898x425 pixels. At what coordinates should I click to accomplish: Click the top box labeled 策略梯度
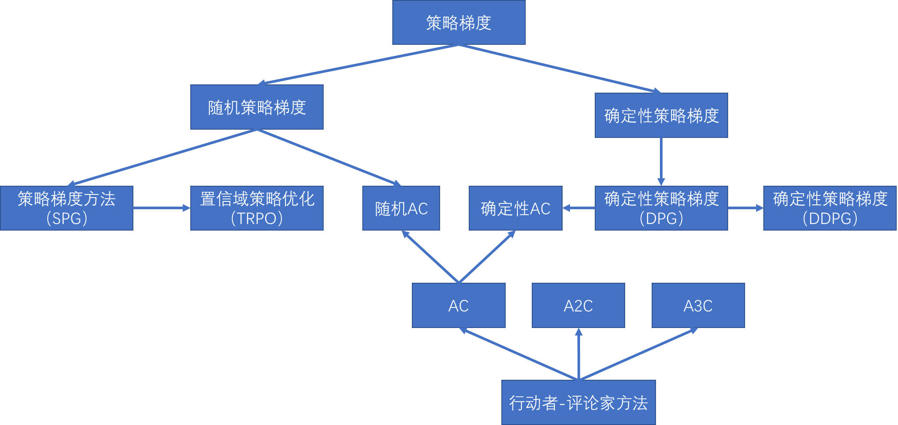(x=459, y=23)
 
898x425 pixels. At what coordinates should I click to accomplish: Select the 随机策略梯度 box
(x=257, y=107)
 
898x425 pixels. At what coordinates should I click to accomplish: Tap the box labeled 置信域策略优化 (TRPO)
(x=257, y=208)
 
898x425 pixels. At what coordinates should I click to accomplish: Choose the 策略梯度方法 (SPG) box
(x=66, y=208)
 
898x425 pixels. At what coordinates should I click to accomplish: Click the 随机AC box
(x=401, y=208)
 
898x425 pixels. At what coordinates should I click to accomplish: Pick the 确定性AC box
(x=515, y=208)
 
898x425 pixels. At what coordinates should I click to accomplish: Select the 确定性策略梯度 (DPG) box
(x=661, y=208)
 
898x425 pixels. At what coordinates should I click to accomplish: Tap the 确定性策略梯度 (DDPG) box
(x=830, y=208)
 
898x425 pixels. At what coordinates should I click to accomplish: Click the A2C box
(x=578, y=305)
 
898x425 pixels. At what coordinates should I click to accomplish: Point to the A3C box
(x=698, y=305)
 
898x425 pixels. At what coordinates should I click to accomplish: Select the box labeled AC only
(x=458, y=305)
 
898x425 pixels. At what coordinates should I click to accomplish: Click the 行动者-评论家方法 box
(x=578, y=402)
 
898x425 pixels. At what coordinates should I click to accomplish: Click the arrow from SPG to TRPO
(x=162, y=208)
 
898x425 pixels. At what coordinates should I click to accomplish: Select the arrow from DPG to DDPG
(x=746, y=208)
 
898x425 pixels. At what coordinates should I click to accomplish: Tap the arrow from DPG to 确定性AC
(x=579, y=208)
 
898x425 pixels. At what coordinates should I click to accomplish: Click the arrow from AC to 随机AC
(x=430, y=257)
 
